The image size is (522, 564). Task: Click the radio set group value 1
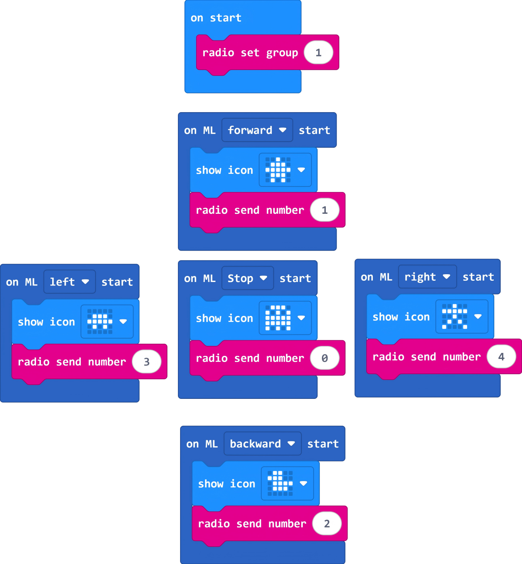[x=318, y=53]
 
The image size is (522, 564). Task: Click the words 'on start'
[x=216, y=18]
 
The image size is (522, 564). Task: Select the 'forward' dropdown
[x=257, y=130]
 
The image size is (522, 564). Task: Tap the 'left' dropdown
[x=69, y=282]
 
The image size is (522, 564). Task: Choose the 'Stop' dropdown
[x=247, y=278]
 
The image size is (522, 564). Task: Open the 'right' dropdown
[x=427, y=277]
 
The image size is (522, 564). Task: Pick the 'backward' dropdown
[x=262, y=444]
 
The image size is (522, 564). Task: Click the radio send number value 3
[x=147, y=362]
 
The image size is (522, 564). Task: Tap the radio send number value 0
[x=325, y=358]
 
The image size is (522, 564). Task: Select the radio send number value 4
[x=501, y=357]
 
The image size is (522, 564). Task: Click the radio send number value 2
[x=327, y=524]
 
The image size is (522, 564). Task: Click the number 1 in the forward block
[x=325, y=210]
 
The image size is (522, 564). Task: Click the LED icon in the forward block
[x=278, y=170]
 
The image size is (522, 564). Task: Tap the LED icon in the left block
[x=100, y=322]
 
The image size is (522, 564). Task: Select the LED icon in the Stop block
[x=278, y=318]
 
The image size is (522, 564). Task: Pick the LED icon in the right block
[x=455, y=316]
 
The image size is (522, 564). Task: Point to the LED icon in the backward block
[x=280, y=483]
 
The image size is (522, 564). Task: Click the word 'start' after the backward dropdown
[x=323, y=444]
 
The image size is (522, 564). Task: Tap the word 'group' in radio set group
[x=282, y=53]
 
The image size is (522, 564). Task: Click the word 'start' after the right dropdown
[x=478, y=277]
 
